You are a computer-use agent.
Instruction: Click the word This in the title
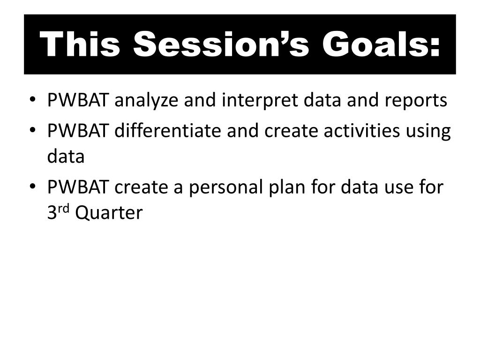(x=80, y=44)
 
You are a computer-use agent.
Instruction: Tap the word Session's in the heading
(x=221, y=44)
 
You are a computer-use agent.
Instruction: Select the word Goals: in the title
(x=381, y=44)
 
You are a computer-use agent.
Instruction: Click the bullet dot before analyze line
(x=32, y=100)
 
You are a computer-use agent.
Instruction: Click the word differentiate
(x=168, y=130)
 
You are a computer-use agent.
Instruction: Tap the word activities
(x=361, y=130)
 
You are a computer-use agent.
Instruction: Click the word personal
(x=226, y=187)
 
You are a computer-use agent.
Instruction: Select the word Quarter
(x=109, y=213)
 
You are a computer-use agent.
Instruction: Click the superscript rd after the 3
(x=64, y=209)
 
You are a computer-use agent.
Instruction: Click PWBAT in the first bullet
(x=78, y=100)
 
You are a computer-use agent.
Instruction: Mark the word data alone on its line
(x=66, y=156)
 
